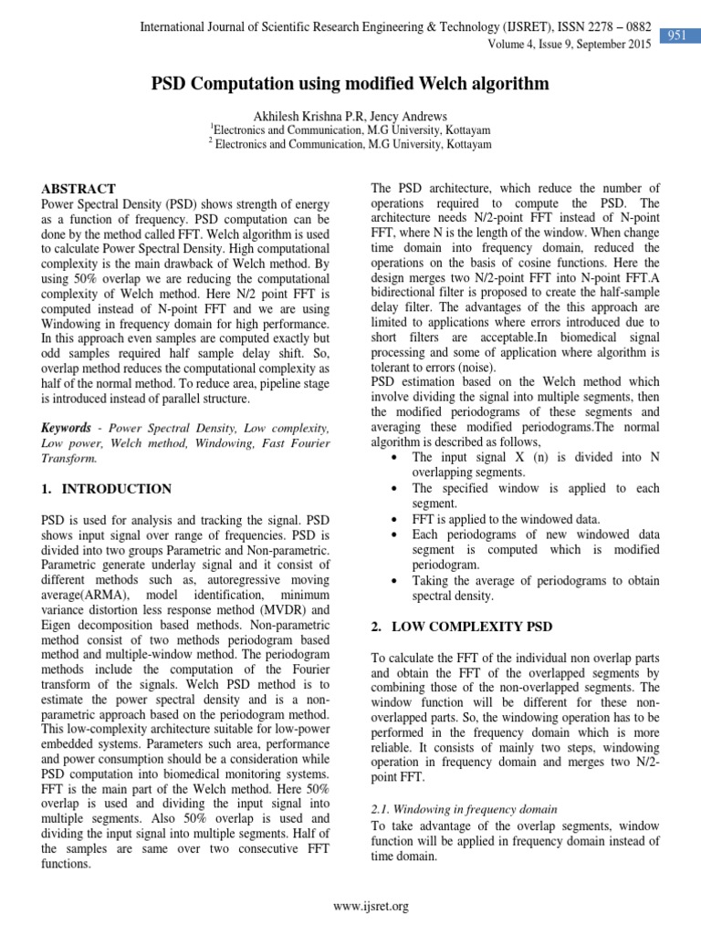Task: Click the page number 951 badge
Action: (676, 35)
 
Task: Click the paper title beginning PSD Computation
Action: (350, 85)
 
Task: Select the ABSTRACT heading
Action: (78, 189)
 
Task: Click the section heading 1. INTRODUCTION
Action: (106, 489)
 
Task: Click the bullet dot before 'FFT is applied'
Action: (392, 519)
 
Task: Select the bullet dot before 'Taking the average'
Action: (392, 581)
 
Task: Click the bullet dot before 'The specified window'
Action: (392, 489)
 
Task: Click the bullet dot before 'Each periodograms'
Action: (392, 534)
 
